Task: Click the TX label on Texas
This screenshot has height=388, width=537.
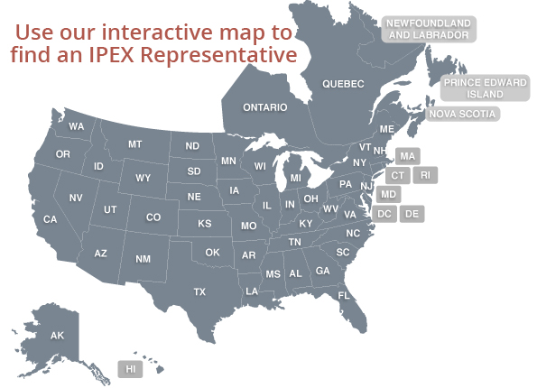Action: [199, 291]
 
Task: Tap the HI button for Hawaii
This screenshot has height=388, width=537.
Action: [131, 369]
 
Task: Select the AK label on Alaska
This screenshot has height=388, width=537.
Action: [57, 336]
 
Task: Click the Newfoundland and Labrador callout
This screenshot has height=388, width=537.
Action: [429, 28]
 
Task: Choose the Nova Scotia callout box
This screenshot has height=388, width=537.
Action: [463, 114]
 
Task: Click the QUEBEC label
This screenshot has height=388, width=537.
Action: [344, 84]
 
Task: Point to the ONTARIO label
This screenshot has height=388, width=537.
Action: [264, 107]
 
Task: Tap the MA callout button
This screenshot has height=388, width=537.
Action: [407, 156]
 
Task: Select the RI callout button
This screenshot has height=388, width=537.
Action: [426, 174]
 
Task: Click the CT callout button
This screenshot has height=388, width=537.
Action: [398, 174]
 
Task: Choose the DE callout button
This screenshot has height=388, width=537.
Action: [412, 214]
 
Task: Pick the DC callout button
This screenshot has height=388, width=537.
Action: [384, 214]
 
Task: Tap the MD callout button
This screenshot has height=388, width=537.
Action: [389, 194]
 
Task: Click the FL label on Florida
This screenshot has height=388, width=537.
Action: [344, 296]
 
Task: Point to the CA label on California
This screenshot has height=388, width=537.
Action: [51, 219]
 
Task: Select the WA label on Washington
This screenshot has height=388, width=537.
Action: [77, 126]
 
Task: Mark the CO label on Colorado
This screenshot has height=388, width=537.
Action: [153, 217]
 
